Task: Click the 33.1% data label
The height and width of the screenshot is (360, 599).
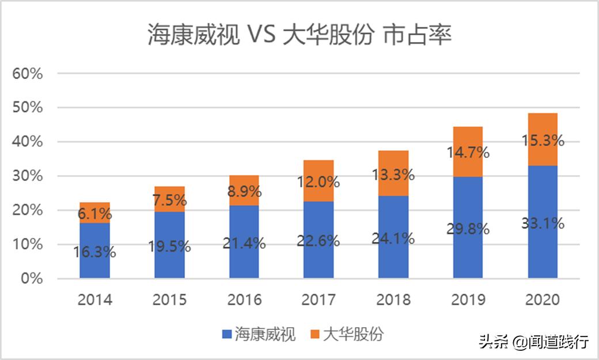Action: point(543,223)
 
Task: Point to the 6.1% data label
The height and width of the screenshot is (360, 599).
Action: point(94,214)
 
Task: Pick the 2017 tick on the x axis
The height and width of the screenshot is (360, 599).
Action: point(319,300)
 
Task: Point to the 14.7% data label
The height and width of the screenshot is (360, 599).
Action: point(468,153)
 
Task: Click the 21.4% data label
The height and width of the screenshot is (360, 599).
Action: point(244,244)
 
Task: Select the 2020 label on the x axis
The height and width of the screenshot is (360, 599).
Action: point(543,300)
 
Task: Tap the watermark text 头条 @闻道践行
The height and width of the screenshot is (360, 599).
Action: point(533,342)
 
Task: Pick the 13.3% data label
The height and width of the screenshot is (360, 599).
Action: point(393,174)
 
